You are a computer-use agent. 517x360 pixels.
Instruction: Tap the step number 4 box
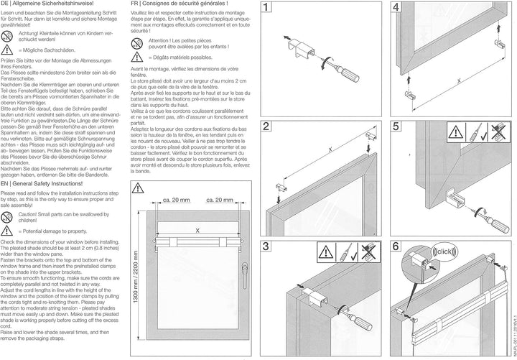[x=396, y=10]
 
